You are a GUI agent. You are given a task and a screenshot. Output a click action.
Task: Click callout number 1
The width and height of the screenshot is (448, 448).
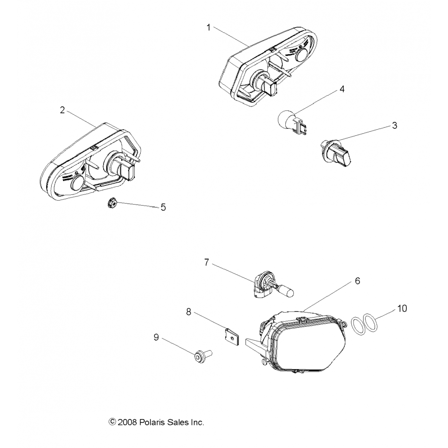[209, 27]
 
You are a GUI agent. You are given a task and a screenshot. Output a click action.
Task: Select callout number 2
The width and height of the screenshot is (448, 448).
[62, 110]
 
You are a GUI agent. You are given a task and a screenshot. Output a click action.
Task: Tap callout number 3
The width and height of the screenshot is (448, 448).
[394, 125]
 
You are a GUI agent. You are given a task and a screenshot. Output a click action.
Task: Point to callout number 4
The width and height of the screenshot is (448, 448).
[342, 89]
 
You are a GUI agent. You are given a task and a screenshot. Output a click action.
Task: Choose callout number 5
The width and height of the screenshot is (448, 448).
[163, 207]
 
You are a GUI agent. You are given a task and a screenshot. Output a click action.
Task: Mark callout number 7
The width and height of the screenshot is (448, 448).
[206, 263]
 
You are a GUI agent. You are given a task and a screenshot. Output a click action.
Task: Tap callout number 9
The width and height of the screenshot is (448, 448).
[156, 337]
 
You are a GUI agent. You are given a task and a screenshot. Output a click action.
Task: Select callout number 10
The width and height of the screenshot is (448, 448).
[402, 308]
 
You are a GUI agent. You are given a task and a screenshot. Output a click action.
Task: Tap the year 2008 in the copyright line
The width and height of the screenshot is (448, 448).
[127, 422]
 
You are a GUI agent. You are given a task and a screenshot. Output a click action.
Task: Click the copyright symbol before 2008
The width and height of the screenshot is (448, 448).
[112, 422]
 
